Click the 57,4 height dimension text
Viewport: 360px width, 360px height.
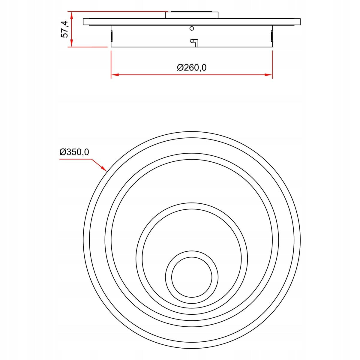point(65,29)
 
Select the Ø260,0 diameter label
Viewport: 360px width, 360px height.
point(192,67)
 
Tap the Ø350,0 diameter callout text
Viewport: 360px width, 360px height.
point(74,152)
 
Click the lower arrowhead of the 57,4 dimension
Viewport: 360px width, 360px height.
point(72,44)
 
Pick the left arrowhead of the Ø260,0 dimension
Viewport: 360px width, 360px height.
point(115,75)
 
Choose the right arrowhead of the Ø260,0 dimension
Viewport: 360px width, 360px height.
point(268,75)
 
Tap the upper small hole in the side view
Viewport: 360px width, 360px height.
point(192,28)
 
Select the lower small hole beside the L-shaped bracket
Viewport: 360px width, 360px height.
point(191,41)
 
